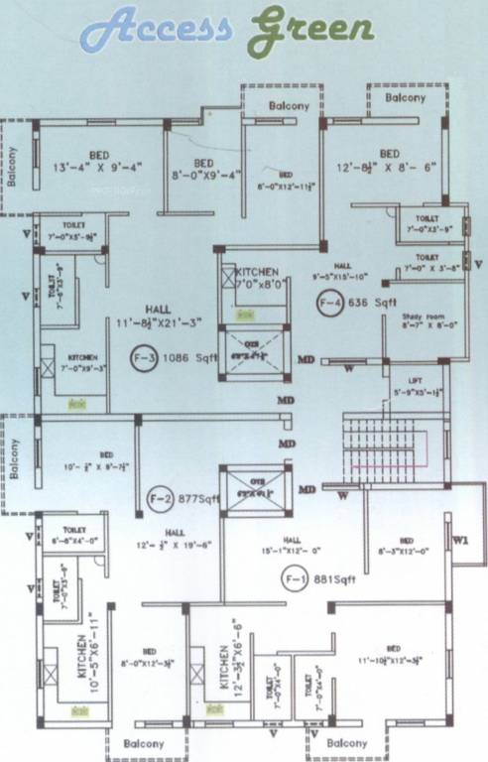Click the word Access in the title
coord(156,29)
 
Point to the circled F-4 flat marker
coord(328,303)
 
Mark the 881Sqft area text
coord(333,578)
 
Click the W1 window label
coord(459,541)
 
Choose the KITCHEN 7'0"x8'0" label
coord(256,277)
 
